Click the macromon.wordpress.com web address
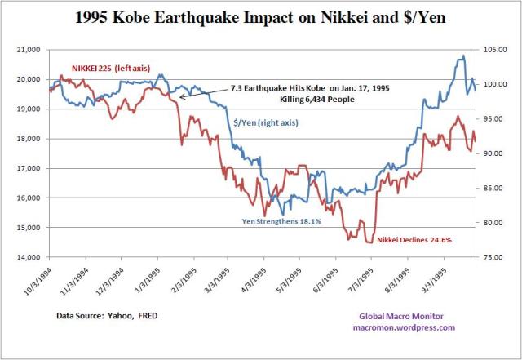[x=405, y=327]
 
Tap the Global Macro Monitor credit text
[x=405, y=316]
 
